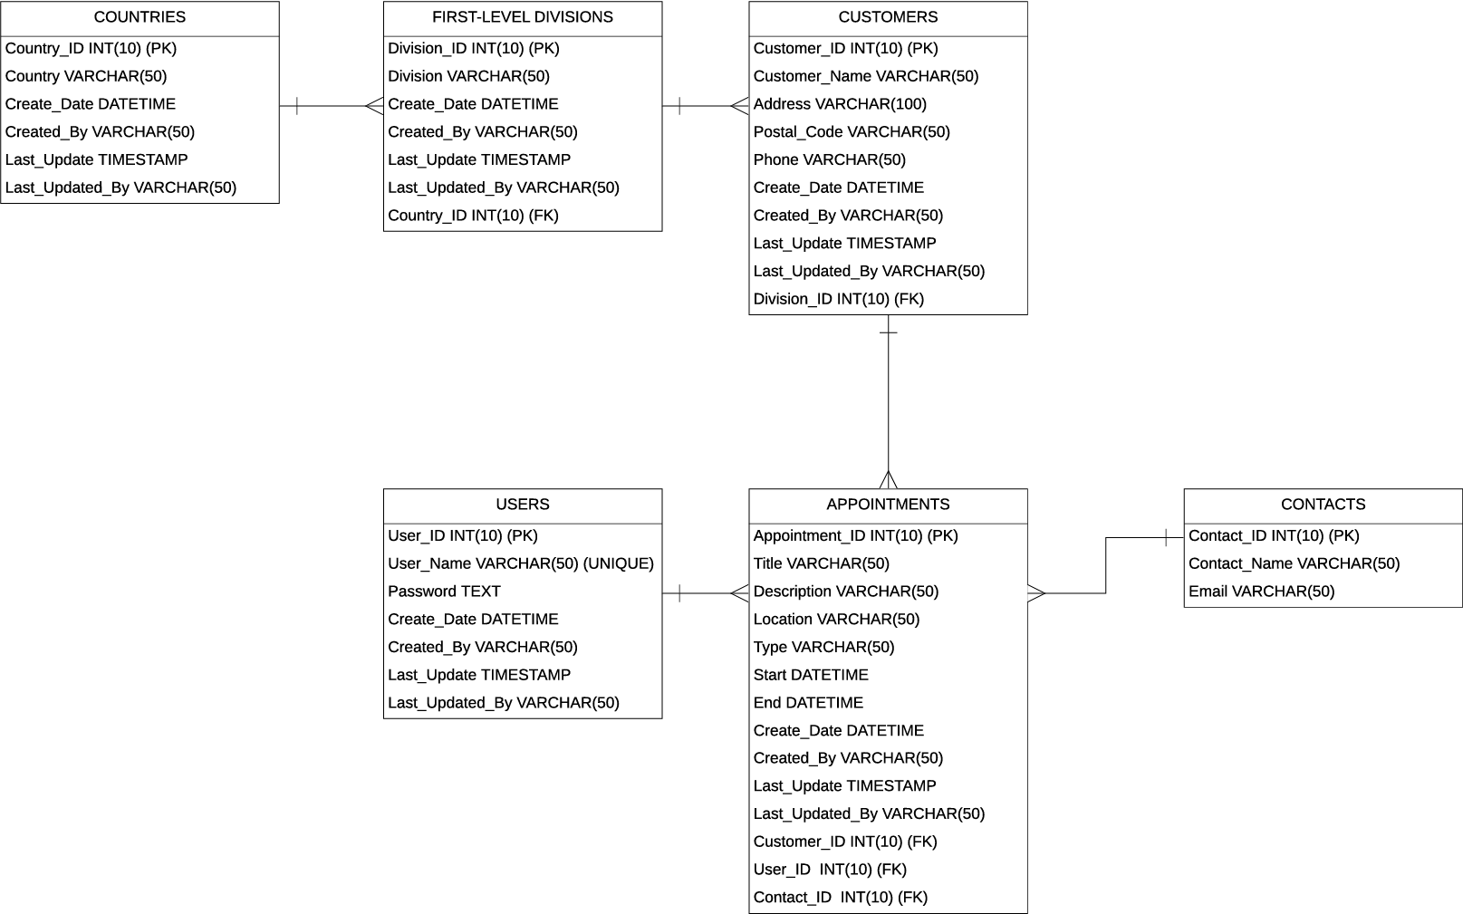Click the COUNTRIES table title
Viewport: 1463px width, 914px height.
[140, 17]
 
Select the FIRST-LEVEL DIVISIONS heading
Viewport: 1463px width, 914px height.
[523, 17]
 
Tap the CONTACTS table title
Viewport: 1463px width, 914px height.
[1323, 505]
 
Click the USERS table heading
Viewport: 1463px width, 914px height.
[523, 505]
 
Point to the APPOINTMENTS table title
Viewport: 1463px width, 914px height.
[889, 505]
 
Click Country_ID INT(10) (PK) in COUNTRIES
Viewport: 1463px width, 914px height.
[91, 48]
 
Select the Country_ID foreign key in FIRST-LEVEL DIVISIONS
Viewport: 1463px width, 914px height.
[473, 216]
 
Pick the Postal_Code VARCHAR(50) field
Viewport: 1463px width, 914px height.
[852, 132]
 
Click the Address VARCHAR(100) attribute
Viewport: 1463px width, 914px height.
[840, 104]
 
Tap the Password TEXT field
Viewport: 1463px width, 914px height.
[444, 592]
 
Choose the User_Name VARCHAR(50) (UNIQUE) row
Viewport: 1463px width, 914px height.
[521, 563]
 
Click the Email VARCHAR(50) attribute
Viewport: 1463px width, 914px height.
[1261, 592]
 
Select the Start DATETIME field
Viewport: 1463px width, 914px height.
[811, 675]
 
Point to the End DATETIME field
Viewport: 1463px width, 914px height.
[808, 702]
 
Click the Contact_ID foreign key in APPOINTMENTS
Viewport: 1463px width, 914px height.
[841, 897]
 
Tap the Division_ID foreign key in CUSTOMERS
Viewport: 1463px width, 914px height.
[839, 299]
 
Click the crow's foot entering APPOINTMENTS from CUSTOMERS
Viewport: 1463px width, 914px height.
[889, 479]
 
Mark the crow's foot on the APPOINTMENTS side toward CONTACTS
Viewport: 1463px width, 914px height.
[1036, 593]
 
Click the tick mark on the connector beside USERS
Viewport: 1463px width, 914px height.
[680, 593]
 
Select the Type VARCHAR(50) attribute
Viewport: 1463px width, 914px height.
[823, 647]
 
